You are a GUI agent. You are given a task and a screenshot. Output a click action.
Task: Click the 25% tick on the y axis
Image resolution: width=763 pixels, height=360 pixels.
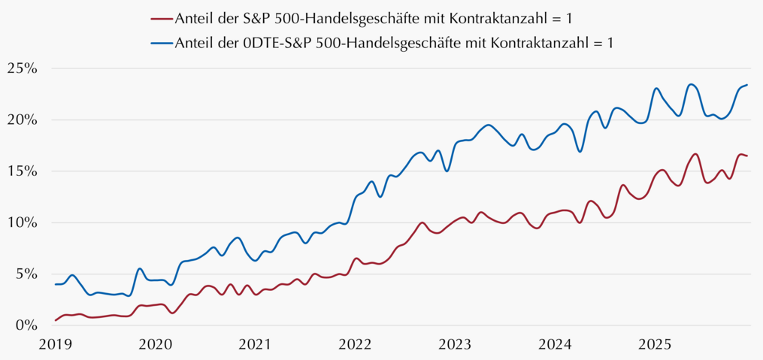tap(22, 68)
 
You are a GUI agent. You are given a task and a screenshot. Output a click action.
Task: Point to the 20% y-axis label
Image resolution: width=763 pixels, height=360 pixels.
tap(22, 119)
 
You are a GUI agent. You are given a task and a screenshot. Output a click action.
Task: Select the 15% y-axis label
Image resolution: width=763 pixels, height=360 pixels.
tap(22, 171)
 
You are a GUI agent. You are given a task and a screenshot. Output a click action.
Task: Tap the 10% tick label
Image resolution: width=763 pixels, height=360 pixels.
tap(22, 222)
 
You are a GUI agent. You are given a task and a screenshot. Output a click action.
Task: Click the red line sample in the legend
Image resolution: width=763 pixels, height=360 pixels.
tap(162, 19)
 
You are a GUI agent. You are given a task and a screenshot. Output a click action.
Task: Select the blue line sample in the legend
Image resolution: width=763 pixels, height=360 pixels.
tap(162, 43)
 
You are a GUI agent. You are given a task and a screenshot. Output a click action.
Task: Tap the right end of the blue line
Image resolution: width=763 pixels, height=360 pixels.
tap(747, 85)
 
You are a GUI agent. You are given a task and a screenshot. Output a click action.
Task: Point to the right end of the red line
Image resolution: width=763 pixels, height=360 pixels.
tap(747, 156)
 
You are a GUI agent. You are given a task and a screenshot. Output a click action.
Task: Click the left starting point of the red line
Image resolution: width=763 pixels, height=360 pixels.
tap(56, 320)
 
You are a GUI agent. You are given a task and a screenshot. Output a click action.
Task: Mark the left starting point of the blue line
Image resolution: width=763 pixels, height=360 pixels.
tap(56, 284)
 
